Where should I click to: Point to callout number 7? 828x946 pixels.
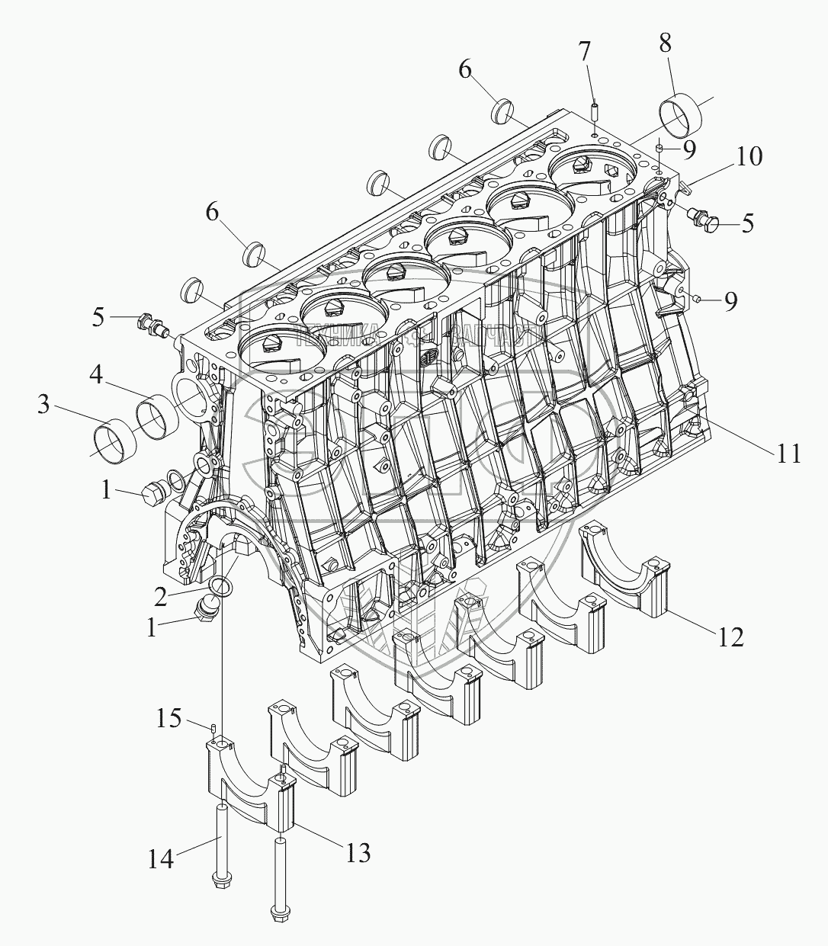(585, 53)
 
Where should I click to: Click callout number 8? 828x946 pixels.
(666, 43)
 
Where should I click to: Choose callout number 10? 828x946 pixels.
(748, 157)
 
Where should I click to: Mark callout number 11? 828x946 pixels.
(788, 454)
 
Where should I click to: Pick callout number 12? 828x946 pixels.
(730, 636)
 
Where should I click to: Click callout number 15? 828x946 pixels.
(168, 718)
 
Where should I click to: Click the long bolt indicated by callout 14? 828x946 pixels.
(221, 846)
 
